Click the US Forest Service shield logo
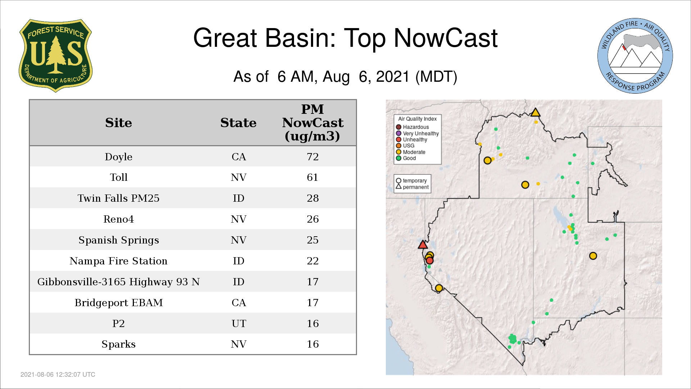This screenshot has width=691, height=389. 55,55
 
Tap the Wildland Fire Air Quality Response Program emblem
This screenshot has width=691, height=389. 635,56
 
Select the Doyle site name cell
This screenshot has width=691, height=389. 118,157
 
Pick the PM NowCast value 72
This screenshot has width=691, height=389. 312,157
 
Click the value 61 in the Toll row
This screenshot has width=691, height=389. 312,177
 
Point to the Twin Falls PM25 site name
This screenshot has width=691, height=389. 118,198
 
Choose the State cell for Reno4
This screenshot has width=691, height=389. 239,219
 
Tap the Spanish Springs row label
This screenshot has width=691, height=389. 118,240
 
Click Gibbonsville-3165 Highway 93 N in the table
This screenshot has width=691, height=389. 118,282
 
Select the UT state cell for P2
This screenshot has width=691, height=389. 239,323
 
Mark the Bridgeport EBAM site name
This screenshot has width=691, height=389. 118,303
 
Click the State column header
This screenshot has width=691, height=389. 238,123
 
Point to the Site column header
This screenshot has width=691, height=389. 118,123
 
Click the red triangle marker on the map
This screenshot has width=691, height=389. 423,245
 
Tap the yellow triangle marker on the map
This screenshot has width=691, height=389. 536,112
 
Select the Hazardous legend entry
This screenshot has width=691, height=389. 412,127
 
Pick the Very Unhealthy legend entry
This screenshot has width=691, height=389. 417,133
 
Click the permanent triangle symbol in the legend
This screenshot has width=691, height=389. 398,187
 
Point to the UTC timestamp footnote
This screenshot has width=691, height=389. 58,375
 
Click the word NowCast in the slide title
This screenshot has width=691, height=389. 446,38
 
